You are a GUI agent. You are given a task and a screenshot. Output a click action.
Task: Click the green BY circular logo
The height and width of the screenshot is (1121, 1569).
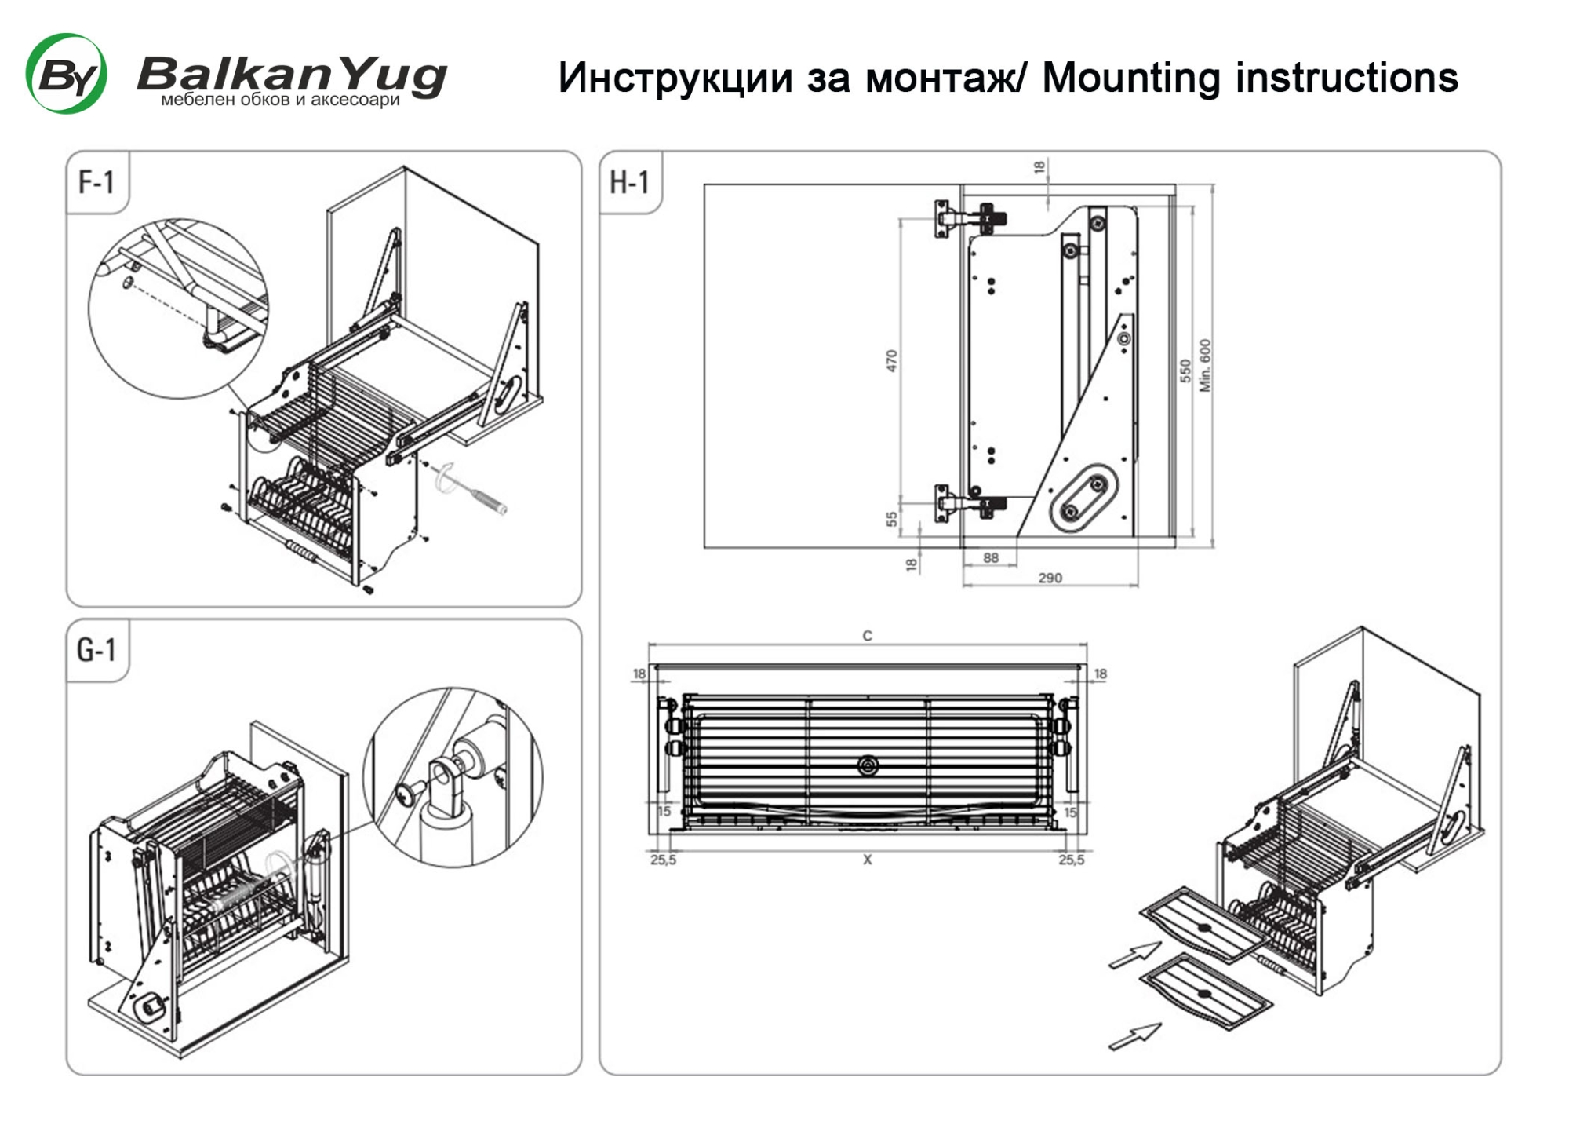(67, 74)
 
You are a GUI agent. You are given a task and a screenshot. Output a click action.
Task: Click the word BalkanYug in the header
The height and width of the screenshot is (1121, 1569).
(293, 75)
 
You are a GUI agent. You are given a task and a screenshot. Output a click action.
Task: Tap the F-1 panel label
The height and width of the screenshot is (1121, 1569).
(96, 182)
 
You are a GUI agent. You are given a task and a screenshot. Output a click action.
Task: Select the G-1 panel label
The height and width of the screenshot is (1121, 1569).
(96, 650)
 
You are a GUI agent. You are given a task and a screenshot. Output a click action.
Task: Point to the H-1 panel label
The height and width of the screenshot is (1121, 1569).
(630, 182)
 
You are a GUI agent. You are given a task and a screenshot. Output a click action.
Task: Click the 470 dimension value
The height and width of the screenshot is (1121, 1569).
(891, 361)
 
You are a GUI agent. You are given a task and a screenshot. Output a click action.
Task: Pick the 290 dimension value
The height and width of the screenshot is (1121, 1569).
(1050, 579)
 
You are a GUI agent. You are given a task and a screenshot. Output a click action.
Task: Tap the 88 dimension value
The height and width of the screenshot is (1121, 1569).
(991, 558)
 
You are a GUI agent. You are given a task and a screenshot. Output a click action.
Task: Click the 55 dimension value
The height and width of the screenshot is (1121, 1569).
(891, 519)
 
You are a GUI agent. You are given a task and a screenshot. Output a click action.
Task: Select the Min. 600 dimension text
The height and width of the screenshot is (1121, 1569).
(1205, 366)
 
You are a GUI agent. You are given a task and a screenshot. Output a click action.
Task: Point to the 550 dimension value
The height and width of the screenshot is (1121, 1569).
(1185, 371)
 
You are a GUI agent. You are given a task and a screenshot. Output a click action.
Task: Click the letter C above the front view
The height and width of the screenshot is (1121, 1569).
(867, 636)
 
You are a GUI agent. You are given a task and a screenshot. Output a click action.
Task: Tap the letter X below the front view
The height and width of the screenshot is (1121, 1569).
(867, 860)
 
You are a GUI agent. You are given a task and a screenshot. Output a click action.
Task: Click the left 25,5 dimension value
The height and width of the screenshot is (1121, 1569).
(663, 860)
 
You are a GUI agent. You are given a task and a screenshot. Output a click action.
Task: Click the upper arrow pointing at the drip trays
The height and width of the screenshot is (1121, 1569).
(1135, 955)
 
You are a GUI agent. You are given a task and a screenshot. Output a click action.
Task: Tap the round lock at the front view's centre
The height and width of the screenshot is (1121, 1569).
(867, 765)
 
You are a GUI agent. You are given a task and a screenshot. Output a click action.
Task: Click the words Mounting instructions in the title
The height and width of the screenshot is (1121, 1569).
(1250, 78)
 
